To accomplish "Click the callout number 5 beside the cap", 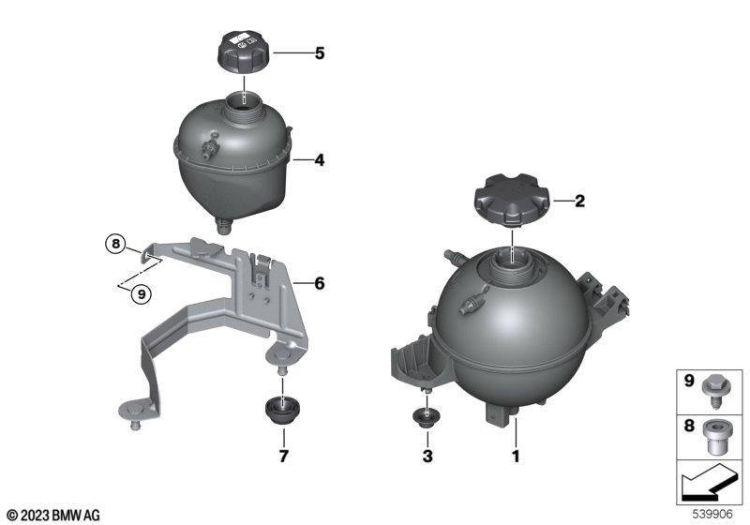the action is pyautogui.click(x=320, y=53).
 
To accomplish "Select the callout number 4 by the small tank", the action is pyautogui.click(x=320, y=160).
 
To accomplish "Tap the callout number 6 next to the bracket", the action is pyautogui.click(x=320, y=283).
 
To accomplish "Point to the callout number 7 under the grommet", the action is pyautogui.click(x=284, y=457).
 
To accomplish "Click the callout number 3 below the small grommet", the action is pyautogui.click(x=427, y=457).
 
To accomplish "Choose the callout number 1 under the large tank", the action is pyautogui.click(x=516, y=457).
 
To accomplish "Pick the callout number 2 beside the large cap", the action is pyautogui.click(x=579, y=202).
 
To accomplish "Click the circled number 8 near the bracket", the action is pyautogui.click(x=115, y=245).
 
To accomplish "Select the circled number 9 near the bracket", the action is pyautogui.click(x=142, y=294).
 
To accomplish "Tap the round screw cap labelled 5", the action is pyautogui.click(x=244, y=52).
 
